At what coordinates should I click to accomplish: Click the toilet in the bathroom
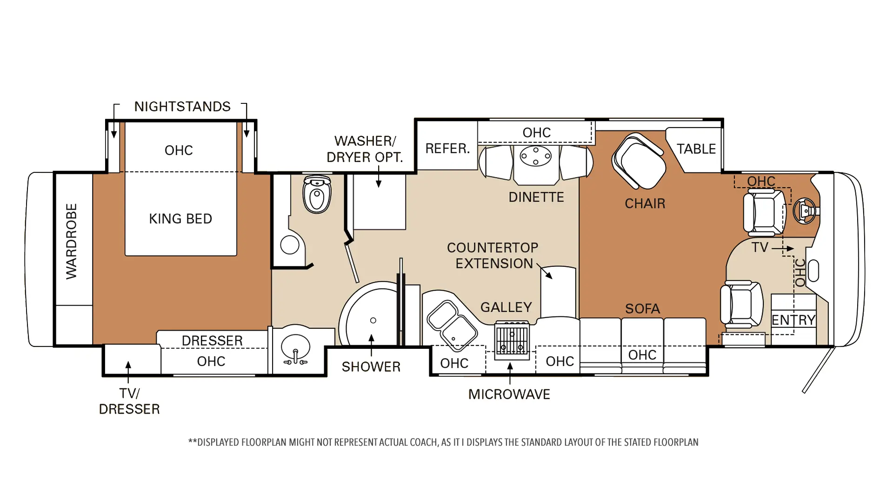pyautogui.click(x=317, y=194)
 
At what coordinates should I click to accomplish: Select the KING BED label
pyautogui.click(x=180, y=219)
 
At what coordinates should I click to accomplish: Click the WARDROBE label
pyautogui.click(x=71, y=241)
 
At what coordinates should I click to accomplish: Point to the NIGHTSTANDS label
pyautogui.click(x=182, y=107)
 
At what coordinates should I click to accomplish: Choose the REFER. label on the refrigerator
pyautogui.click(x=447, y=149)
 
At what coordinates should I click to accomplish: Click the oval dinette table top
pyautogui.click(x=536, y=156)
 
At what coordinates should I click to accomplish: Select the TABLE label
pyautogui.click(x=696, y=149)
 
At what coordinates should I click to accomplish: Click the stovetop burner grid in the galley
pyautogui.click(x=512, y=340)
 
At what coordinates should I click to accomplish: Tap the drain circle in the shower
pyautogui.click(x=373, y=320)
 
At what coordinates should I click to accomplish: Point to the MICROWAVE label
pyautogui.click(x=509, y=394)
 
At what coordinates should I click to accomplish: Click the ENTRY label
pyautogui.click(x=793, y=320)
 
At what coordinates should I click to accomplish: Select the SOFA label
pyautogui.click(x=642, y=309)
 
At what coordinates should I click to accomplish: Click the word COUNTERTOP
pyautogui.click(x=493, y=248)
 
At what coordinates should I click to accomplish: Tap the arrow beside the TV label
pyautogui.click(x=783, y=249)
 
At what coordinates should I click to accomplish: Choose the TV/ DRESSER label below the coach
pyautogui.click(x=129, y=401)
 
